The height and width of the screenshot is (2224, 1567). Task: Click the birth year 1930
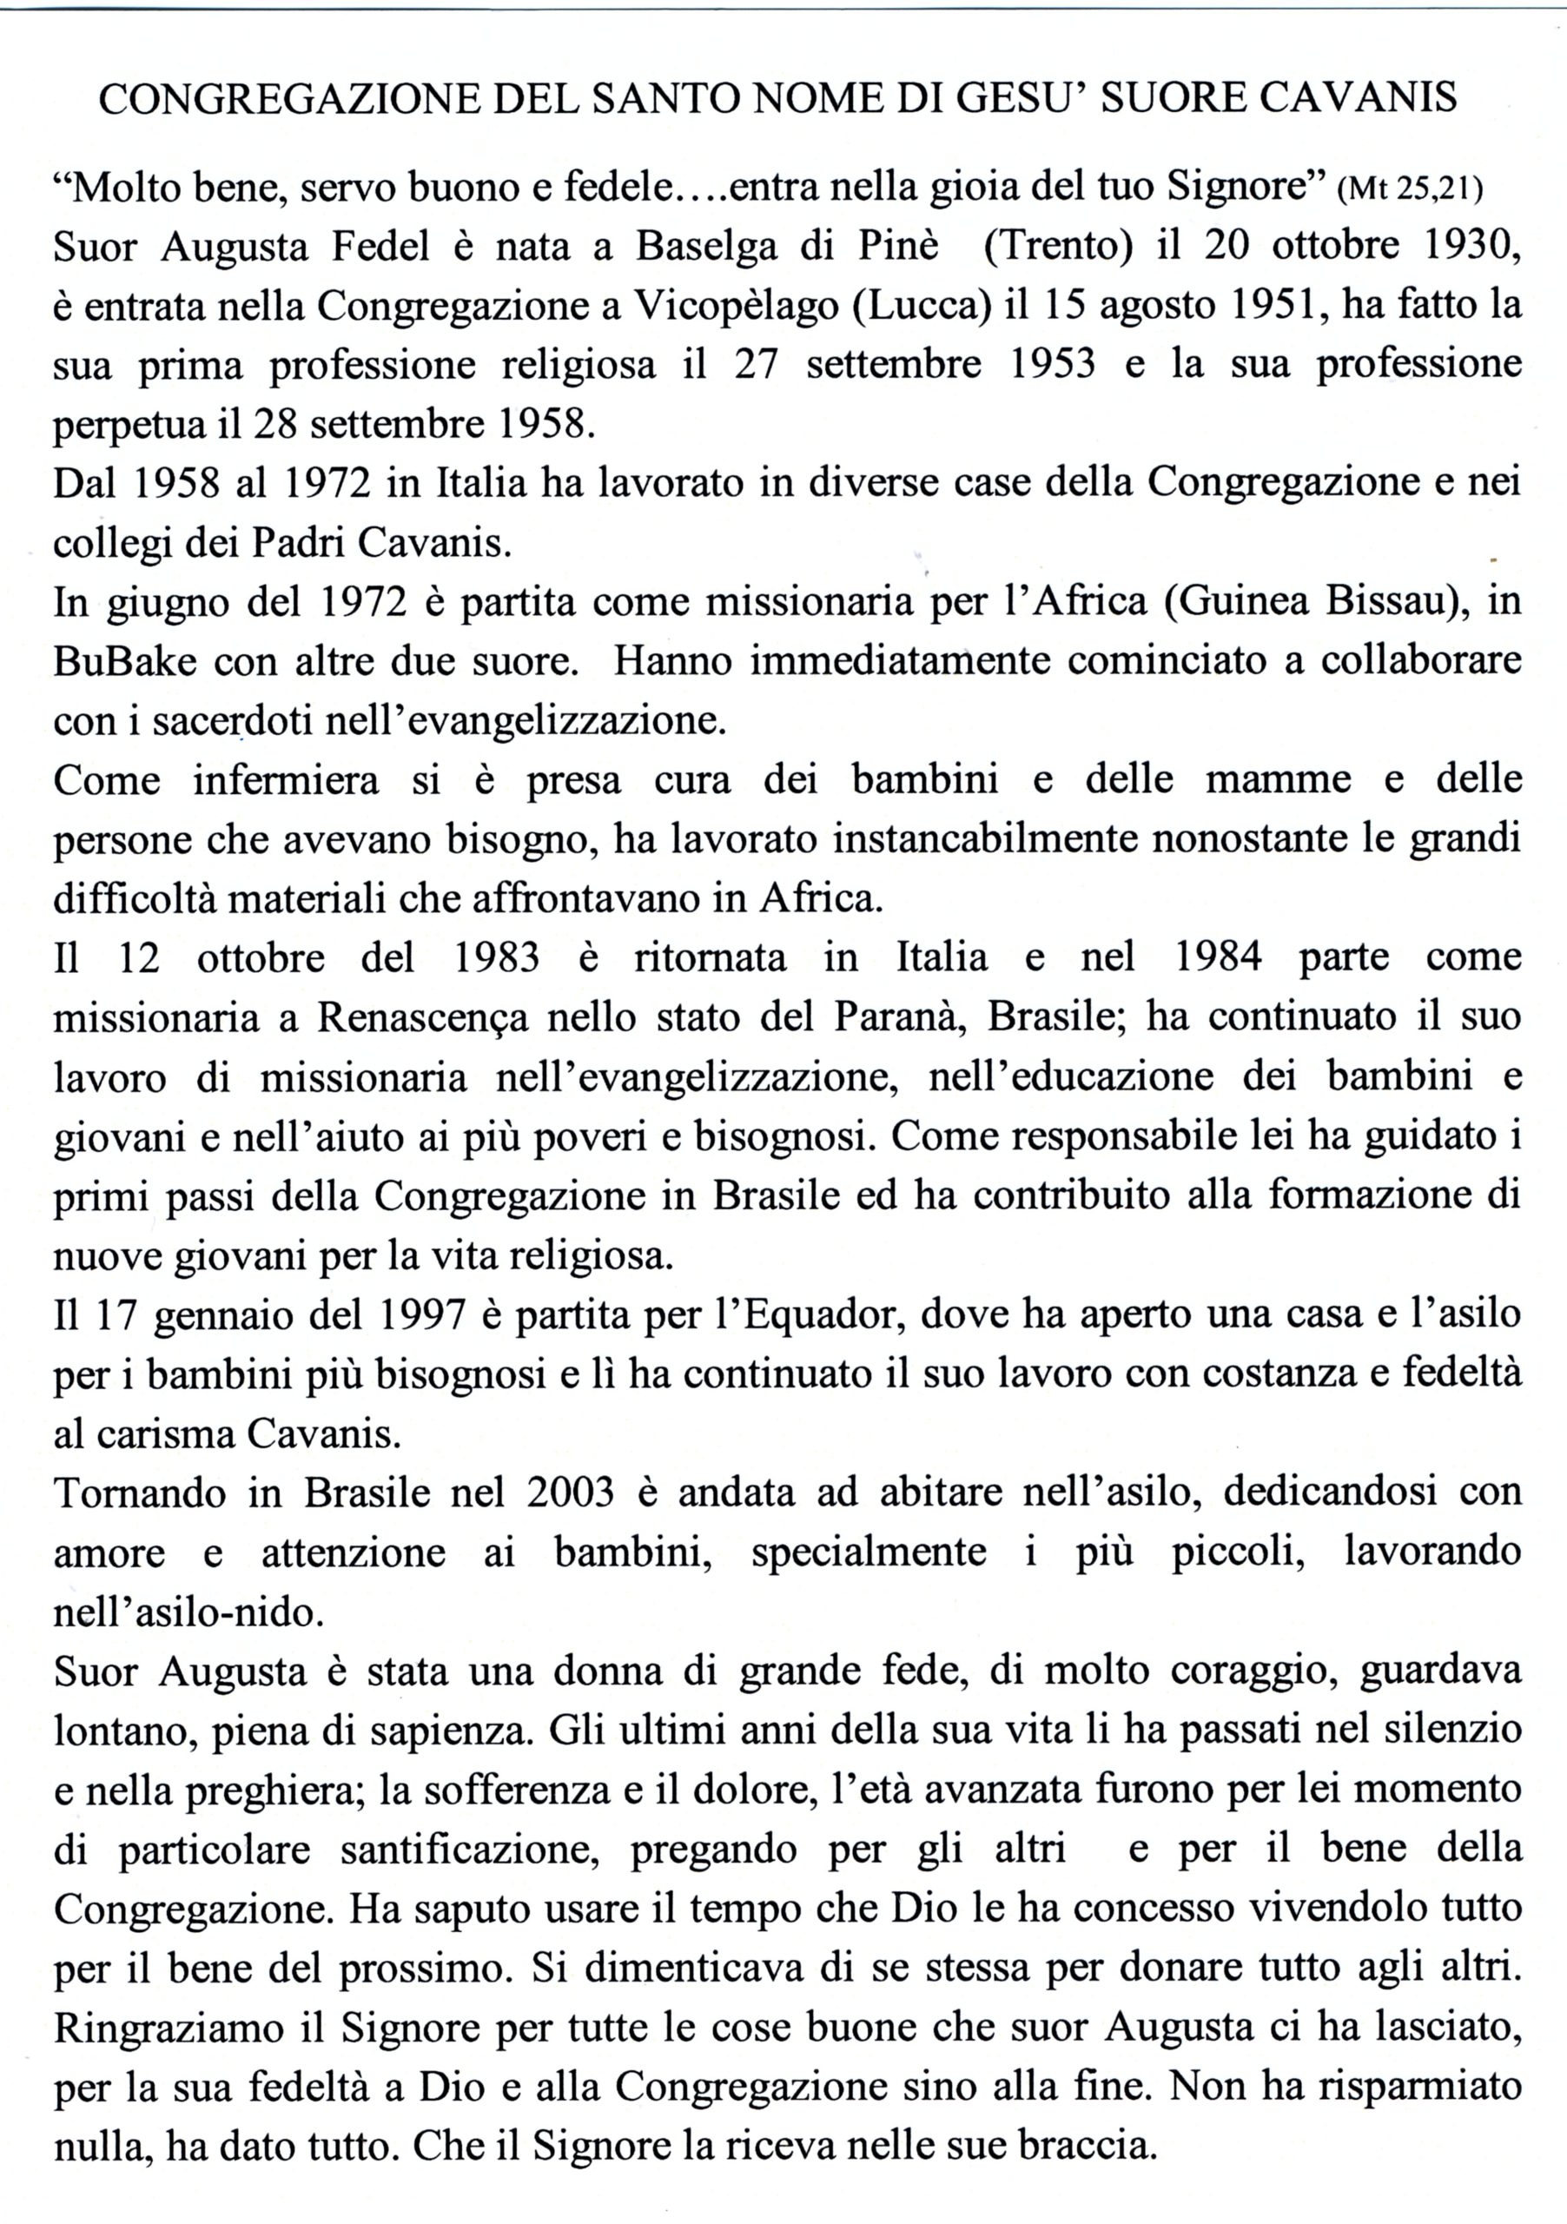click(x=1472, y=247)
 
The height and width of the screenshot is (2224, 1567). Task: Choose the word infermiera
click(x=286, y=781)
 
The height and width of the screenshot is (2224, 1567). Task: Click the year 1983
click(x=496, y=958)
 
